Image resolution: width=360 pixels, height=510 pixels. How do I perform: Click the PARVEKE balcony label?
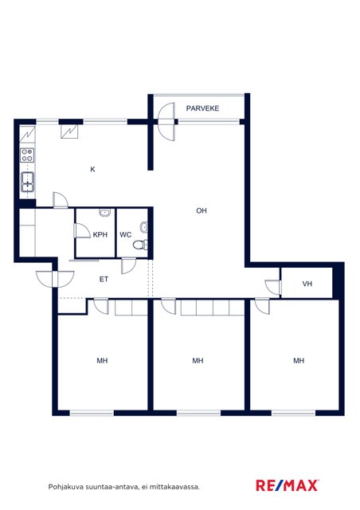[202, 108]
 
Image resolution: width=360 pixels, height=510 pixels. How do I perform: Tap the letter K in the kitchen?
[92, 169]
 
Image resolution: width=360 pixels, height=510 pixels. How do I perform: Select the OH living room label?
[202, 210]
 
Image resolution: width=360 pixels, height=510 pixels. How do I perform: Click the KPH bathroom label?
[100, 234]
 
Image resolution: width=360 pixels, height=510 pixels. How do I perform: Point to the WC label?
[126, 234]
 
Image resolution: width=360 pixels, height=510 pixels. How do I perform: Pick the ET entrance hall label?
[104, 279]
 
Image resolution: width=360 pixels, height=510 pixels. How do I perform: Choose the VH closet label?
[307, 284]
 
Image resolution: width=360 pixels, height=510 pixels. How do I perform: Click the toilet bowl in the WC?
[140, 245]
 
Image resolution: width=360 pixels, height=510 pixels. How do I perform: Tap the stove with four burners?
[27, 155]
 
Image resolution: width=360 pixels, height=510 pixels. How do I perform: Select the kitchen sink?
[28, 182]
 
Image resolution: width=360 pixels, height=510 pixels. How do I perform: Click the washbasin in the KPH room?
[104, 213]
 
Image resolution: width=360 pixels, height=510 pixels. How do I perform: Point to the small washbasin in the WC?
[144, 226]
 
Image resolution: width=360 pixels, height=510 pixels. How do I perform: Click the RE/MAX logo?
[288, 485]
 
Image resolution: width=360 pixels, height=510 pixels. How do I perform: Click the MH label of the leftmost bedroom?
[102, 361]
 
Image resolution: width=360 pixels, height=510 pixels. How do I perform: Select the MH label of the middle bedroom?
[198, 361]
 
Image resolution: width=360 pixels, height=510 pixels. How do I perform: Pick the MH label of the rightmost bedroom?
[299, 361]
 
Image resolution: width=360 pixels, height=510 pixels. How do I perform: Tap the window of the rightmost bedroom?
[293, 413]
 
